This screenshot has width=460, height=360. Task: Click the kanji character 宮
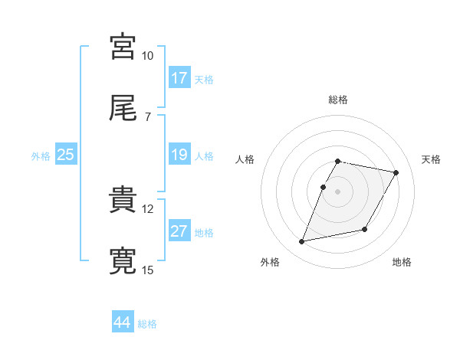click(x=123, y=47)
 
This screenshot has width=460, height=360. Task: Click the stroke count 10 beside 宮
click(x=148, y=56)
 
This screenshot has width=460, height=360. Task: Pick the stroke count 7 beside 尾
click(x=148, y=116)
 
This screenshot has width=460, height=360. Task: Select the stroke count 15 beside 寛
click(x=148, y=269)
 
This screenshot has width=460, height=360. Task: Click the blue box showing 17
click(x=179, y=78)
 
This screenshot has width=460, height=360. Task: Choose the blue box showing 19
click(x=179, y=155)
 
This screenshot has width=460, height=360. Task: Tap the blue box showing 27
click(x=179, y=232)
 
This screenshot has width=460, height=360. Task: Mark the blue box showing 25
click(x=66, y=155)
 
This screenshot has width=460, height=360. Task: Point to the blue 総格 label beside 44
click(x=147, y=324)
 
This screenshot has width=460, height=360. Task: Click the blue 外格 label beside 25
click(x=41, y=156)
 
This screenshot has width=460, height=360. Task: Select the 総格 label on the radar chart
click(x=338, y=100)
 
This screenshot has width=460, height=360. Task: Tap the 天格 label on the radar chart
click(x=431, y=159)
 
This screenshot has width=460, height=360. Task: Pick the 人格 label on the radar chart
click(x=245, y=159)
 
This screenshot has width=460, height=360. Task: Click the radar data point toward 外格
click(x=302, y=242)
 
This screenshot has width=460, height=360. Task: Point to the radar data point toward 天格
click(x=396, y=173)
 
